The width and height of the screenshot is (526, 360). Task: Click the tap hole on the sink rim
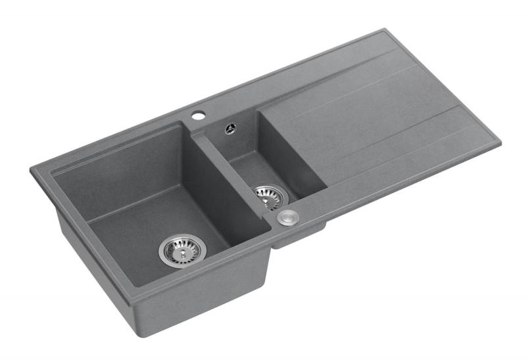pyautogui.click(x=197, y=116)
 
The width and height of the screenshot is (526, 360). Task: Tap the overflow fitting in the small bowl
pyautogui.click(x=229, y=129)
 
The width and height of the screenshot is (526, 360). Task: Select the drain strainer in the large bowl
pyautogui.click(x=181, y=250)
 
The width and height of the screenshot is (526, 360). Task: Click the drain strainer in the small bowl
pyautogui.click(x=270, y=195)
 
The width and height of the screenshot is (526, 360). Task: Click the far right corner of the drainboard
pyautogui.click(x=499, y=142)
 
